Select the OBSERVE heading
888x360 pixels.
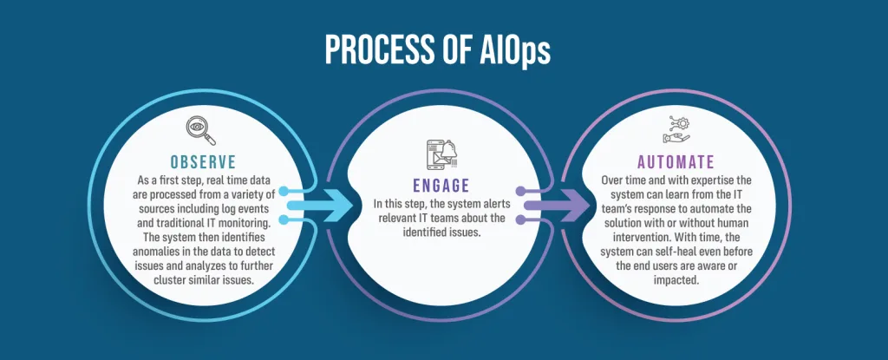click(203, 162)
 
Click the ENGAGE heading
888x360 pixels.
click(441, 186)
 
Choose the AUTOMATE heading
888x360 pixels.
click(676, 162)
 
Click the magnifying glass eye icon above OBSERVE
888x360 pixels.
click(201, 131)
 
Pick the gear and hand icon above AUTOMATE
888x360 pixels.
click(676, 130)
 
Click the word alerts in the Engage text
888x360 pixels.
click(495, 204)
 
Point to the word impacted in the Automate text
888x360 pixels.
click(676, 280)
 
